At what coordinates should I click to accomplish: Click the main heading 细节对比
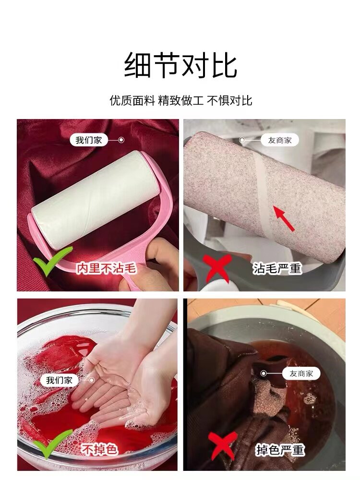(180, 65)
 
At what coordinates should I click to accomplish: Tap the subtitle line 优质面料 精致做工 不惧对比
(180, 100)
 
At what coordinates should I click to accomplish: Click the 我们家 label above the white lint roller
(89, 140)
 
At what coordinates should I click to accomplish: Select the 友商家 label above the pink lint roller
(280, 140)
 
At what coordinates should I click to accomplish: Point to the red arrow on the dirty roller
(284, 218)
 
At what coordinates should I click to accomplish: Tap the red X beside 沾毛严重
(217, 268)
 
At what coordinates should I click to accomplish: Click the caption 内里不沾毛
(106, 268)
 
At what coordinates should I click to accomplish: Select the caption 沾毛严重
(277, 268)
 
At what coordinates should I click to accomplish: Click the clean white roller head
(95, 199)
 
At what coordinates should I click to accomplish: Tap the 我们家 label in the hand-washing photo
(60, 380)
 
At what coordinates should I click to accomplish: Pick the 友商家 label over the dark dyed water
(301, 373)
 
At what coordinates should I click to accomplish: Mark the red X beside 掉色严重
(223, 446)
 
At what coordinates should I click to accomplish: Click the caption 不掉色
(99, 449)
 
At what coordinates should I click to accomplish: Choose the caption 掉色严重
(280, 450)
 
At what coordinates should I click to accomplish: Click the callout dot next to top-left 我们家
(121, 140)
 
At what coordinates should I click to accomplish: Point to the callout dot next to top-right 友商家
(242, 140)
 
